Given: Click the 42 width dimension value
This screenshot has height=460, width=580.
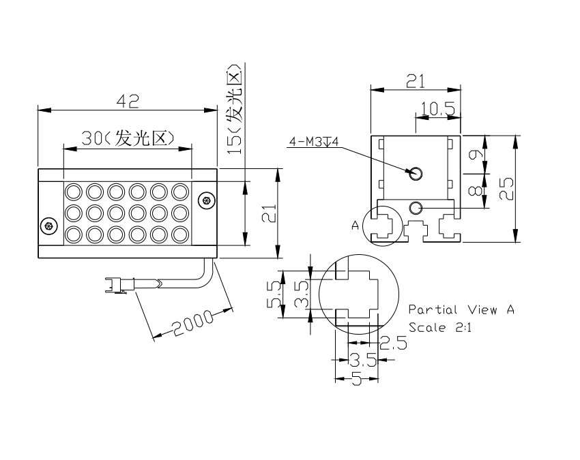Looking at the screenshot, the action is [x=128, y=101].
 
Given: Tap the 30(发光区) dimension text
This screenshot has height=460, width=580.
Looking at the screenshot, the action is [x=128, y=138].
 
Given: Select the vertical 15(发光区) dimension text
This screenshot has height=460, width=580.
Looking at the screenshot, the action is [x=235, y=109].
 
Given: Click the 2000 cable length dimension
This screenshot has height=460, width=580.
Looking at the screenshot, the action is [x=193, y=324].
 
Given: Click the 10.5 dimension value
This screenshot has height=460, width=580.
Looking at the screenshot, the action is [x=438, y=109].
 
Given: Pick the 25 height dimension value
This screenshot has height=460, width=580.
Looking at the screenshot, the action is [x=506, y=189].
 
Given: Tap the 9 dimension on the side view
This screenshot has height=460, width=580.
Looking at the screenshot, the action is [x=476, y=154].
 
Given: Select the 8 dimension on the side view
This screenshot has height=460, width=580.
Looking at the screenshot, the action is [x=476, y=190].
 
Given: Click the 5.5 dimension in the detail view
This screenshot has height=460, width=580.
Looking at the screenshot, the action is [x=274, y=294].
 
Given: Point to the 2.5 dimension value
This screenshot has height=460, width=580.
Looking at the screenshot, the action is [x=393, y=343].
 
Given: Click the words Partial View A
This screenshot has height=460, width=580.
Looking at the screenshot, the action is [x=461, y=309].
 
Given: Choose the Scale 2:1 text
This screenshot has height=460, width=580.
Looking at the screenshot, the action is [x=440, y=327].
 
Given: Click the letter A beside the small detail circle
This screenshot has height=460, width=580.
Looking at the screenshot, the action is [x=355, y=225].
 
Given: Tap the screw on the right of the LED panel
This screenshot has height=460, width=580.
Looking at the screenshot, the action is [x=206, y=201].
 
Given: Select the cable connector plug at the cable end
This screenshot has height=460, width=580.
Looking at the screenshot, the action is [x=116, y=286].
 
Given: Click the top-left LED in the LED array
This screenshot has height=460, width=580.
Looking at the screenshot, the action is [x=73, y=192].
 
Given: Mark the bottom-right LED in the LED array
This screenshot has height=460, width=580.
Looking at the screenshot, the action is [x=180, y=234].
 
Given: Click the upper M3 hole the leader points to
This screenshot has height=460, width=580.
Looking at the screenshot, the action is [x=416, y=173].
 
